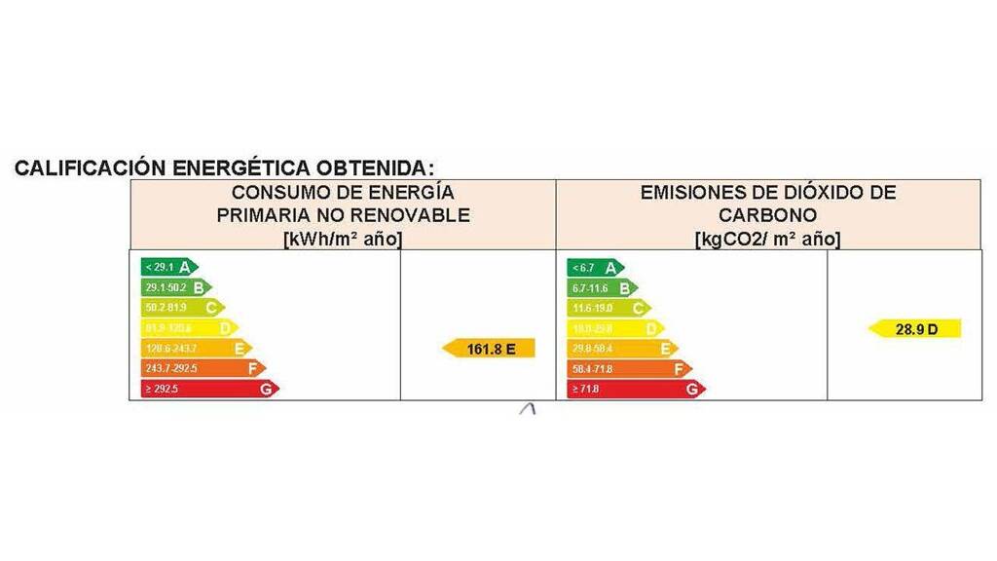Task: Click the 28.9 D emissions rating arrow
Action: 915,329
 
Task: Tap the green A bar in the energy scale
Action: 168,267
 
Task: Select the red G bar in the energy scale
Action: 208,389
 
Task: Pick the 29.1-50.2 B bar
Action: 175,287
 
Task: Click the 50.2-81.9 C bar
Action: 182,308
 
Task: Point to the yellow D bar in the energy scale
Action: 189,328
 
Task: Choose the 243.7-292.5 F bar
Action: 203,368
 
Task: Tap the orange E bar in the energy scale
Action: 196,348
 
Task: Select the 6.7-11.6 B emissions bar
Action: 602,288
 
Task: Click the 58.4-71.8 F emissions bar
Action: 629,369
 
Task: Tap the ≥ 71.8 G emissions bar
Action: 636,390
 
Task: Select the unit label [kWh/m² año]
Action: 343,239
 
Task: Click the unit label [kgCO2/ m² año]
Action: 768,239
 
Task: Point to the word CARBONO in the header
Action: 768,215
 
